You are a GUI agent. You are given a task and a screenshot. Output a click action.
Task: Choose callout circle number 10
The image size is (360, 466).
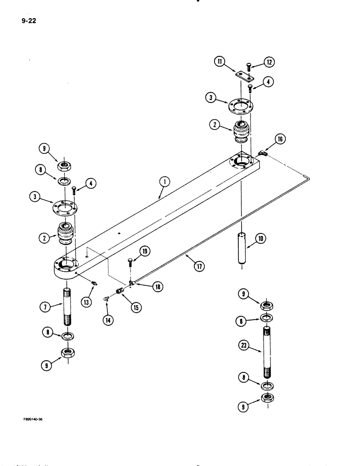259,239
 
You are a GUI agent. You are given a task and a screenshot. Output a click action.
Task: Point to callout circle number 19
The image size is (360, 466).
145,252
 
